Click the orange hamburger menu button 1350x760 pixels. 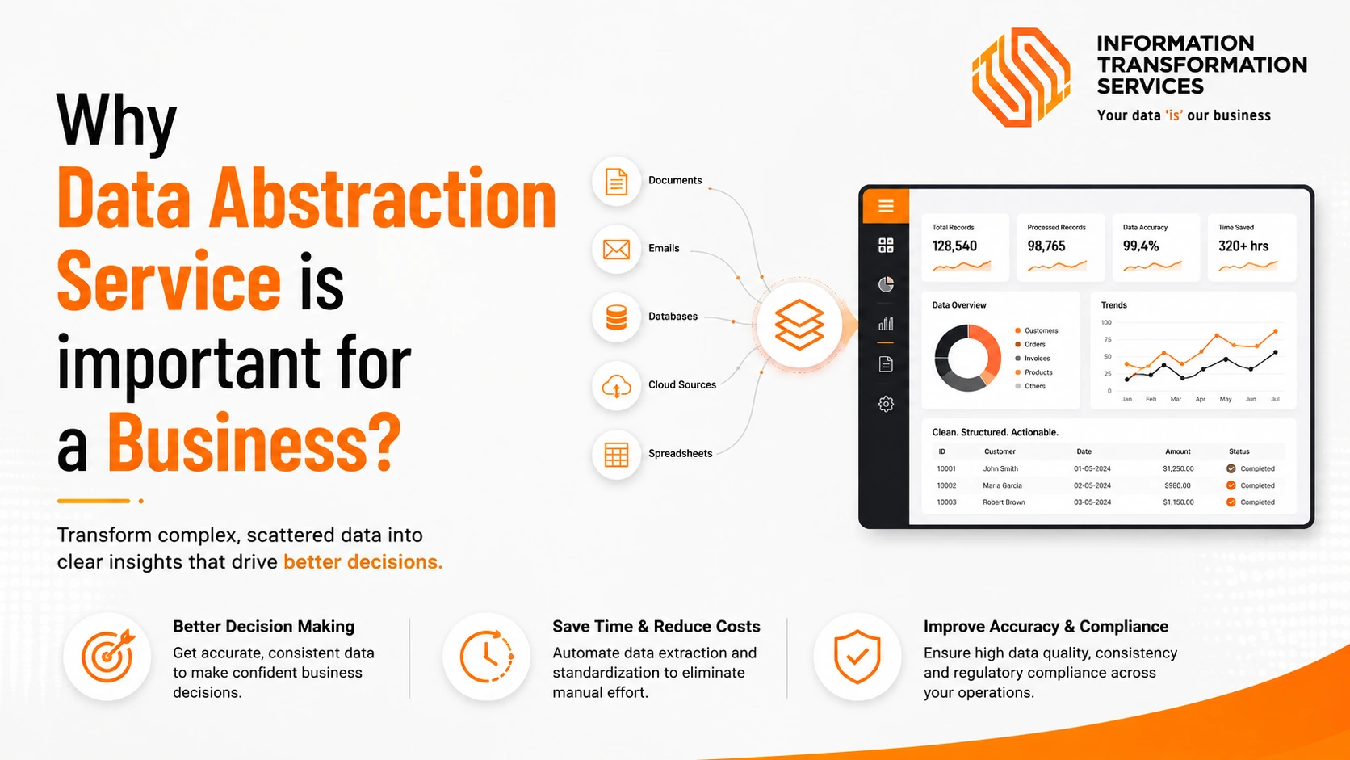coord(886,206)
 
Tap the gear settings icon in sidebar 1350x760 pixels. coord(886,403)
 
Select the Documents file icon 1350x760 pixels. coord(616,182)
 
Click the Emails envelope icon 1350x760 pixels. coord(616,249)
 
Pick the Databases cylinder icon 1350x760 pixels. coord(616,317)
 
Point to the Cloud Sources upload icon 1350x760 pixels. coord(616,386)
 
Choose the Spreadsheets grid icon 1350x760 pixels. coord(616,455)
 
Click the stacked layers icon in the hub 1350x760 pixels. coord(799,325)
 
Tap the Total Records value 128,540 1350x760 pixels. coord(954,246)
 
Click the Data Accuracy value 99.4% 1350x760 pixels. coord(1140,246)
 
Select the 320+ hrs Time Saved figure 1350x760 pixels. coord(1243,246)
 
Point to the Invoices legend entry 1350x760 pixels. coord(1033,358)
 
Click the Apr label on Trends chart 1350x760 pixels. coord(1200,399)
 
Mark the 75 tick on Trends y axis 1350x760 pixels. coord(1107,340)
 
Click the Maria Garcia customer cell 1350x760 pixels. coord(1002,485)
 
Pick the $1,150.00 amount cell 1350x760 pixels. coord(1178,502)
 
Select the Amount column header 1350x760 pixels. coord(1178,451)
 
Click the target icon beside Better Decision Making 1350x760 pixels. coord(108,656)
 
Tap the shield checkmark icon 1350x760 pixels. coord(857,657)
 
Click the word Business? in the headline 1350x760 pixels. coord(254,443)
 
